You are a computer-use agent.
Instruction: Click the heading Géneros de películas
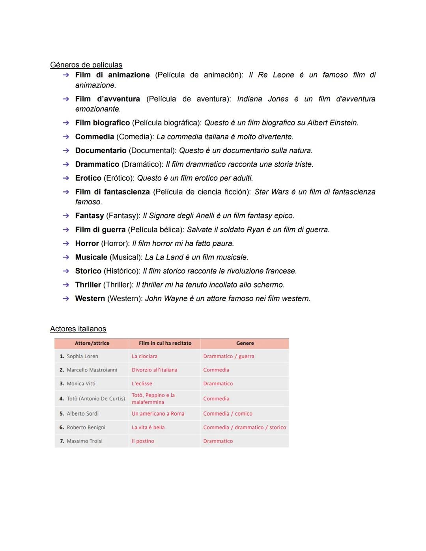[x=86, y=65]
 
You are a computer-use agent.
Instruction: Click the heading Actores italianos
[x=78, y=329]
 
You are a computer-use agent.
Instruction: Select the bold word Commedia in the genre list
[x=94, y=137]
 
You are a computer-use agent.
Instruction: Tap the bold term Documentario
[x=101, y=151]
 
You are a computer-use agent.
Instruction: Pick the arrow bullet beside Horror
[x=66, y=244]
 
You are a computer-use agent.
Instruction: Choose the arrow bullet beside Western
[x=66, y=299]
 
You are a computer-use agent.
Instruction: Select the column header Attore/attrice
[x=92, y=343]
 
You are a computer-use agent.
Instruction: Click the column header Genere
[x=245, y=343]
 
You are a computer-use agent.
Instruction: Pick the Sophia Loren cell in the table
[x=82, y=356]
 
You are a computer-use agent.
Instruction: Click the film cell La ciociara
[x=144, y=356]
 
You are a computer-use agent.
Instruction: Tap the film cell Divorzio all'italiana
[x=154, y=370]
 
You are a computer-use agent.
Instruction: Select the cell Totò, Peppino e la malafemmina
[x=153, y=398]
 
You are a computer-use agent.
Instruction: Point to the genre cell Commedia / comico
[x=228, y=413]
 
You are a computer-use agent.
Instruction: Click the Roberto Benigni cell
[x=86, y=427]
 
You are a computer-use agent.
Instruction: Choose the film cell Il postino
[x=143, y=441]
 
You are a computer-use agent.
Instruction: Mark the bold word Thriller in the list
[x=88, y=285]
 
